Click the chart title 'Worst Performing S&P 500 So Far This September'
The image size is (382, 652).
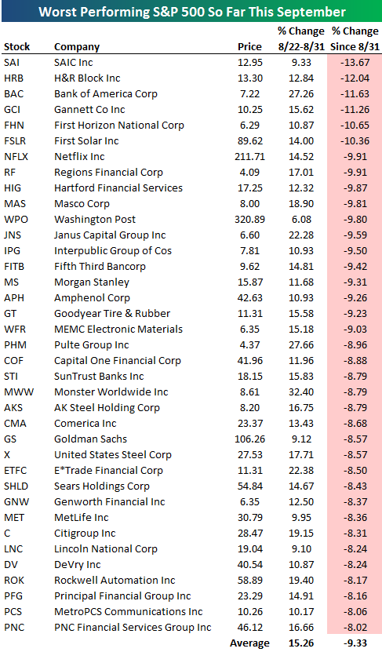[x=191, y=12]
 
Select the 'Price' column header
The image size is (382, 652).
[x=249, y=47]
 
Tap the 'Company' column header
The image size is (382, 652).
[x=77, y=47]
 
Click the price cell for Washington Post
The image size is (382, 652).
[x=246, y=219]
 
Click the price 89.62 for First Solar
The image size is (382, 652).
[x=249, y=140]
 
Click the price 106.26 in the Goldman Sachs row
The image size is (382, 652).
[x=246, y=439]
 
